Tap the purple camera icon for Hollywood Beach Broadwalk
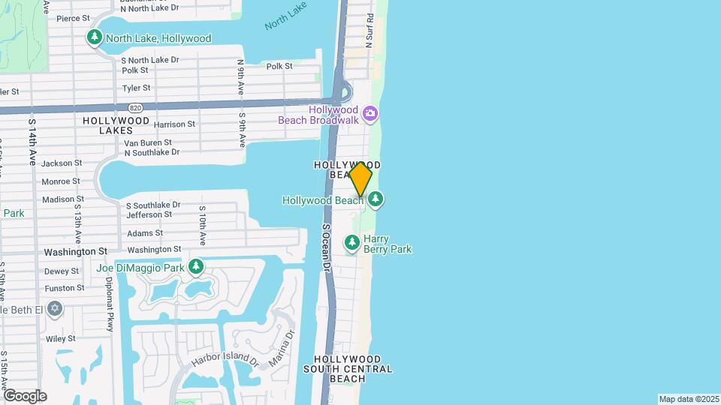click(370, 114)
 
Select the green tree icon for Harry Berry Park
click(351, 243)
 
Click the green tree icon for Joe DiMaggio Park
click(196, 267)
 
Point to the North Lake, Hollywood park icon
click(95, 37)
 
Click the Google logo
click(25, 395)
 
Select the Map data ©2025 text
click(688, 399)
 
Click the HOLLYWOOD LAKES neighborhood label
click(116, 125)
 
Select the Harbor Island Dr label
click(224, 361)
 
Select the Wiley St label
click(61, 338)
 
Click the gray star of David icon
click(54, 309)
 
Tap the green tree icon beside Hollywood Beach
click(376, 199)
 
